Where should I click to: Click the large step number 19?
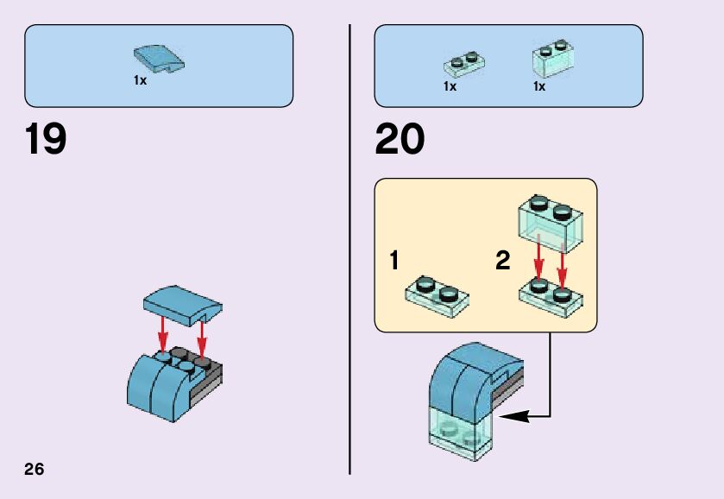coord(46,141)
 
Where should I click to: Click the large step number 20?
coord(400,141)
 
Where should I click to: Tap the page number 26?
coord(35,470)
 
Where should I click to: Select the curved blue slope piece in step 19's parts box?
coord(160,60)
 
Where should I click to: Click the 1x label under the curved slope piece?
coord(140,80)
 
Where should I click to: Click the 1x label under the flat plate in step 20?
coord(450,86)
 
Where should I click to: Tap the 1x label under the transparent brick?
coord(539,86)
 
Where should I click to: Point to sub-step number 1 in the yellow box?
coord(393,261)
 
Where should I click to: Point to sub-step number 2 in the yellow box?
coord(503,261)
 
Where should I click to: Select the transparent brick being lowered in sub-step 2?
coord(550,220)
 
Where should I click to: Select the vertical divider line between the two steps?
coord(350,249)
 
